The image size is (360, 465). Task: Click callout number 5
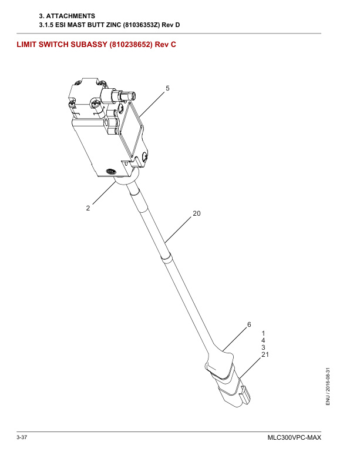click(x=167, y=88)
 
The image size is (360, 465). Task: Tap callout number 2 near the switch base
click(x=88, y=208)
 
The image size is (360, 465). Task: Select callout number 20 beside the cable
click(x=197, y=213)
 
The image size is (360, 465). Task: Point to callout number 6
click(x=249, y=325)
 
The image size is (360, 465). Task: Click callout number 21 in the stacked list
click(x=265, y=354)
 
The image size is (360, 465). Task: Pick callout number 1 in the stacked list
click(x=263, y=333)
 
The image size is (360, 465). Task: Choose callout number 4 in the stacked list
click(x=263, y=340)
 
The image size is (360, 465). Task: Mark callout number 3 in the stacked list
click(x=263, y=347)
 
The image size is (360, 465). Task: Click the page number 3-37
click(x=22, y=437)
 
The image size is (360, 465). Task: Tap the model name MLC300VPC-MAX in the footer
click(x=294, y=438)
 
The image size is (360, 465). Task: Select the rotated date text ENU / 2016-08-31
click(x=328, y=386)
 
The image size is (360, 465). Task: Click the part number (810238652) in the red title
click(x=131, y=45)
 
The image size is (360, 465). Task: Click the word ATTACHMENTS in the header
click(x=70, y=16)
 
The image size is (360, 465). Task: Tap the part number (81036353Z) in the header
click(x=141, y=25)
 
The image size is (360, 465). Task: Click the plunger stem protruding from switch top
click(x=122, y=95)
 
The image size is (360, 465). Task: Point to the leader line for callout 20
click(x=178, y=230)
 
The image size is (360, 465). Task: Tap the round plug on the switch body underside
click(x=112, y=171)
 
